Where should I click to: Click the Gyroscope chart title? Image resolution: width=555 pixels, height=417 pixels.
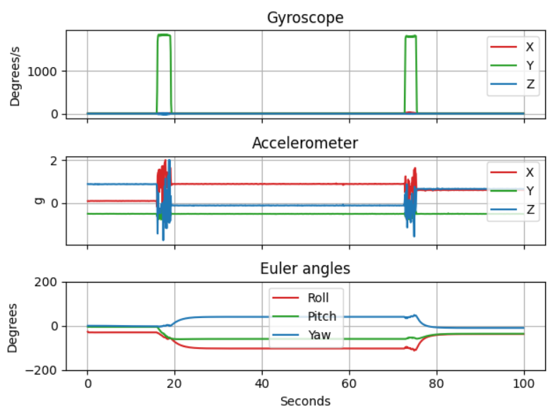click(305, 18)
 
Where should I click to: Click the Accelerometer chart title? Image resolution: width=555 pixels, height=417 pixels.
click(305, 143)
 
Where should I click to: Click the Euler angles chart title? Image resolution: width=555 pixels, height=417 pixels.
click(305, 269)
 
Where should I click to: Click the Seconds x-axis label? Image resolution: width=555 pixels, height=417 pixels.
click(305, 401)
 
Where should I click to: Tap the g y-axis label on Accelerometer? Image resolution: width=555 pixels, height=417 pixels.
click(39, 201)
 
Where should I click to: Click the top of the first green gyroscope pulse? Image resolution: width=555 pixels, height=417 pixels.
click(164, 35)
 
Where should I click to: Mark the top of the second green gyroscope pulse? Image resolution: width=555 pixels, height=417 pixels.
click(410, 36)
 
